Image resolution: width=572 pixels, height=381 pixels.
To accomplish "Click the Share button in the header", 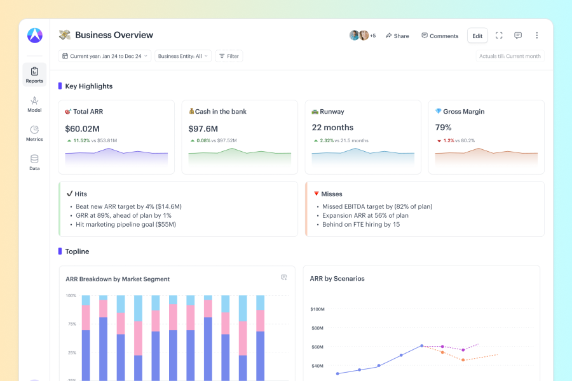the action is click(x=397, y=36).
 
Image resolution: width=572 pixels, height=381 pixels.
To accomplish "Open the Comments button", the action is click(x=440, y=36).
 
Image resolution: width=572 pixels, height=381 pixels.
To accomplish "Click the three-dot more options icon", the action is click(x=536, y=36).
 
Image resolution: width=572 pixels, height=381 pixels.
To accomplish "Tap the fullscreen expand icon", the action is click(x=499, y=36).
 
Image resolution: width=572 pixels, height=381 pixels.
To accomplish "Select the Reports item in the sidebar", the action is click(x=35, y=75).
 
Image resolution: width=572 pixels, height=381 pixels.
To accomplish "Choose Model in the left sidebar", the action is click(x=35, y=104).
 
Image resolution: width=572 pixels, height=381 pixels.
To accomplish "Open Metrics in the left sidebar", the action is click(x=35, y=133).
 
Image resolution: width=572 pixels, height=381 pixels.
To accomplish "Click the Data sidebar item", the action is click(x=35, y=163).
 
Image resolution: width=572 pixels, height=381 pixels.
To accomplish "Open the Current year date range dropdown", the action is click(x=105, y=56).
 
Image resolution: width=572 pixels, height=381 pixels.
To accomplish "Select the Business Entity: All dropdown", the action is click(x=183, y=56).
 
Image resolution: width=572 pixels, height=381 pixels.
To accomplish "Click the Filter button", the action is click(x=229, y=56).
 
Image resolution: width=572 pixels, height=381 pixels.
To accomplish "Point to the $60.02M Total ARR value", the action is click(x=83, y=129).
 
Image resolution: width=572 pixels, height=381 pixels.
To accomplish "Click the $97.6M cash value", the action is click(x=203, y=129).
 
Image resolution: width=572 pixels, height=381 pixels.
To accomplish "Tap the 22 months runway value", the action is click(x=332, y=128).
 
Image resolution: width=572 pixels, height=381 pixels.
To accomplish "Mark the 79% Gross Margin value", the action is click(x=443, y=128).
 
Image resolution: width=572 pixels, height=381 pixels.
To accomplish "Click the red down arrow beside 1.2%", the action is click(x=439, y=141).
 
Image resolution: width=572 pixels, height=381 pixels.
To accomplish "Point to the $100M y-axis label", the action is click(x=317, y=309).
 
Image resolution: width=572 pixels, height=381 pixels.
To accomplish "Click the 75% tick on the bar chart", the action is click(x=72, y=324).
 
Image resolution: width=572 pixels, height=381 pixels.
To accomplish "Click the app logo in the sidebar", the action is click(x=35, y=36).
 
